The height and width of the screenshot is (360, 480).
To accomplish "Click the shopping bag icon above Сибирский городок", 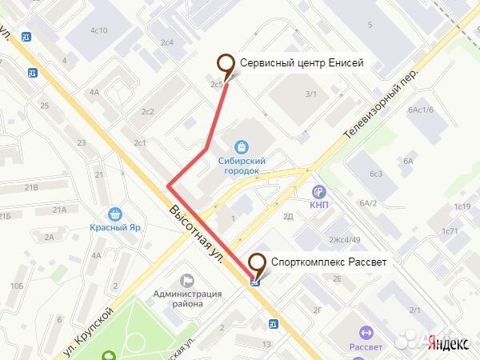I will (x=241, y=146).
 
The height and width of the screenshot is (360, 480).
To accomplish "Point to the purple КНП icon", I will (x=319, y=192).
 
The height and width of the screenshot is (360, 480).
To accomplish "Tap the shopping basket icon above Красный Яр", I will (x=115, y=214).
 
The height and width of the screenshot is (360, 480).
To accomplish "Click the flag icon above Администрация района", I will (x=188, y=281).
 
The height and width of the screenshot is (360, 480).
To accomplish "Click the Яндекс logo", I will (x=448, y=343).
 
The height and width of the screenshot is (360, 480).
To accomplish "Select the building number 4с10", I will (x=98, y=30).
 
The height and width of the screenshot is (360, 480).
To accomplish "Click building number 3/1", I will (x=311, y=94).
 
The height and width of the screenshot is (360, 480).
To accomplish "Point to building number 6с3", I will (x=376, y=174).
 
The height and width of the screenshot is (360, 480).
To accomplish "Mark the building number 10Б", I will (x=16, y=286).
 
